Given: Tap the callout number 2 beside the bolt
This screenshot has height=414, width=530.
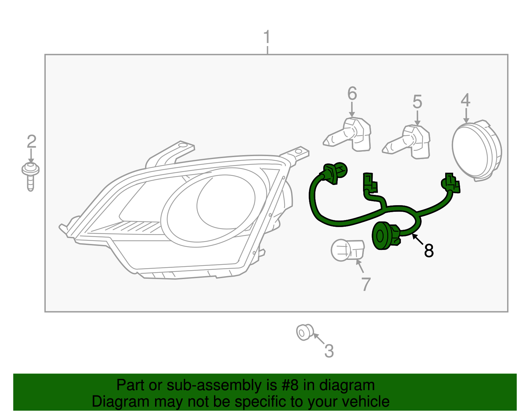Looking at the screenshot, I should pos(31,142).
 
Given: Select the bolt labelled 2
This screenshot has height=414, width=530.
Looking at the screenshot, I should pos(30,176).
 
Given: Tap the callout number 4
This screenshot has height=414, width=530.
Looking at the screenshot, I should pos(466,100).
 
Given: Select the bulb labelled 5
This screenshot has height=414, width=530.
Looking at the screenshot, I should pos(409,142).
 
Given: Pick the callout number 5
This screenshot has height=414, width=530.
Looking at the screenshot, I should pos(417,102).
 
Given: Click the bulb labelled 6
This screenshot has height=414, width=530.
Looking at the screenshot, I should pos(349,135).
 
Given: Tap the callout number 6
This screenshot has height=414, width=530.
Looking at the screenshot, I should pos(352,93).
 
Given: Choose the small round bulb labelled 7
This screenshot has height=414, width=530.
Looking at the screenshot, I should pos(346,250).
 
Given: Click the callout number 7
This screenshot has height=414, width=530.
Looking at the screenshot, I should pos(366,284).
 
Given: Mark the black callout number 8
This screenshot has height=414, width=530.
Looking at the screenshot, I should pos(429,251).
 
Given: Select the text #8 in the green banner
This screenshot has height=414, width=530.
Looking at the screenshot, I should pos(291,385).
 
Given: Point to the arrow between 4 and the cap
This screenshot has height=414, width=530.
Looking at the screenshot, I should pos(466,116).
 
